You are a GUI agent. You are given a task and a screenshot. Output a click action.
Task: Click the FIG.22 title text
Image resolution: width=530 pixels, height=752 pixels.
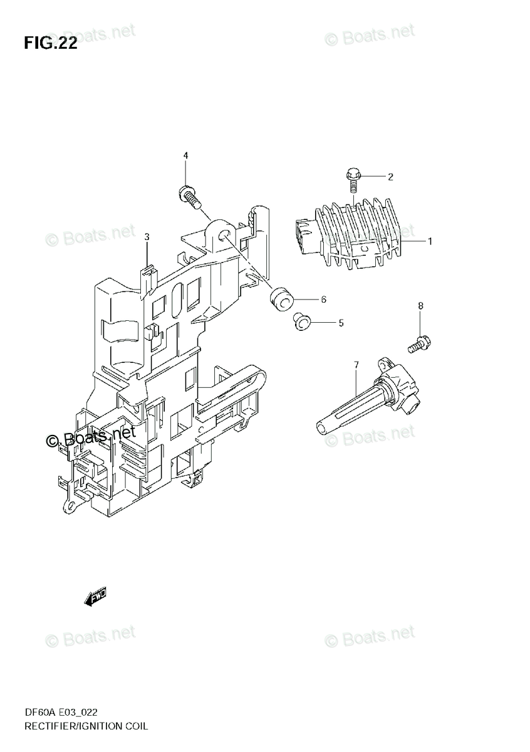coord(51,43)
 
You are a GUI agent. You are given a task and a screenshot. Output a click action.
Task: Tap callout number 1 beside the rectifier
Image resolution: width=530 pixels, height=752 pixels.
coord(431,241)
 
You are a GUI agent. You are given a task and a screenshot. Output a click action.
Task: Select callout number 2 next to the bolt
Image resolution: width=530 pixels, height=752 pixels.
coord(390,177)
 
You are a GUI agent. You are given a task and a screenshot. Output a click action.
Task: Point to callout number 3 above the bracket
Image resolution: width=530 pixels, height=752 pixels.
coord(147,237)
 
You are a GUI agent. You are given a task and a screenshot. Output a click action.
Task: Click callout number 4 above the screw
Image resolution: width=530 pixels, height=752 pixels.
coord(185,155)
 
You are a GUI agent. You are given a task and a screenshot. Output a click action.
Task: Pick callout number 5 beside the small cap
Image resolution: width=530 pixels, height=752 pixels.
coord(341,323)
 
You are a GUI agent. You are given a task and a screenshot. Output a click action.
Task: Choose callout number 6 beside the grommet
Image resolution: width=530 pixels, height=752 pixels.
coord(323,300)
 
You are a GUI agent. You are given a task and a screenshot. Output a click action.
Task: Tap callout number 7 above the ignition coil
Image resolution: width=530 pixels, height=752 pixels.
coord(356,365)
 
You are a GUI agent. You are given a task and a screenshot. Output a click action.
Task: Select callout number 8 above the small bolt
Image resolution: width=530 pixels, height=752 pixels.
coord(420,306)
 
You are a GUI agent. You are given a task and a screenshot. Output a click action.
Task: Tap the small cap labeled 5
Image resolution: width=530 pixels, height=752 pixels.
coord(303,322)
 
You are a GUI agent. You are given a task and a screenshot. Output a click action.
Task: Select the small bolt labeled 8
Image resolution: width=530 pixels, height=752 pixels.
coord(420,342)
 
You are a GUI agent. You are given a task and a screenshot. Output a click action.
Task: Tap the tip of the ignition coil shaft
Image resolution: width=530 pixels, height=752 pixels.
coord(321,428)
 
